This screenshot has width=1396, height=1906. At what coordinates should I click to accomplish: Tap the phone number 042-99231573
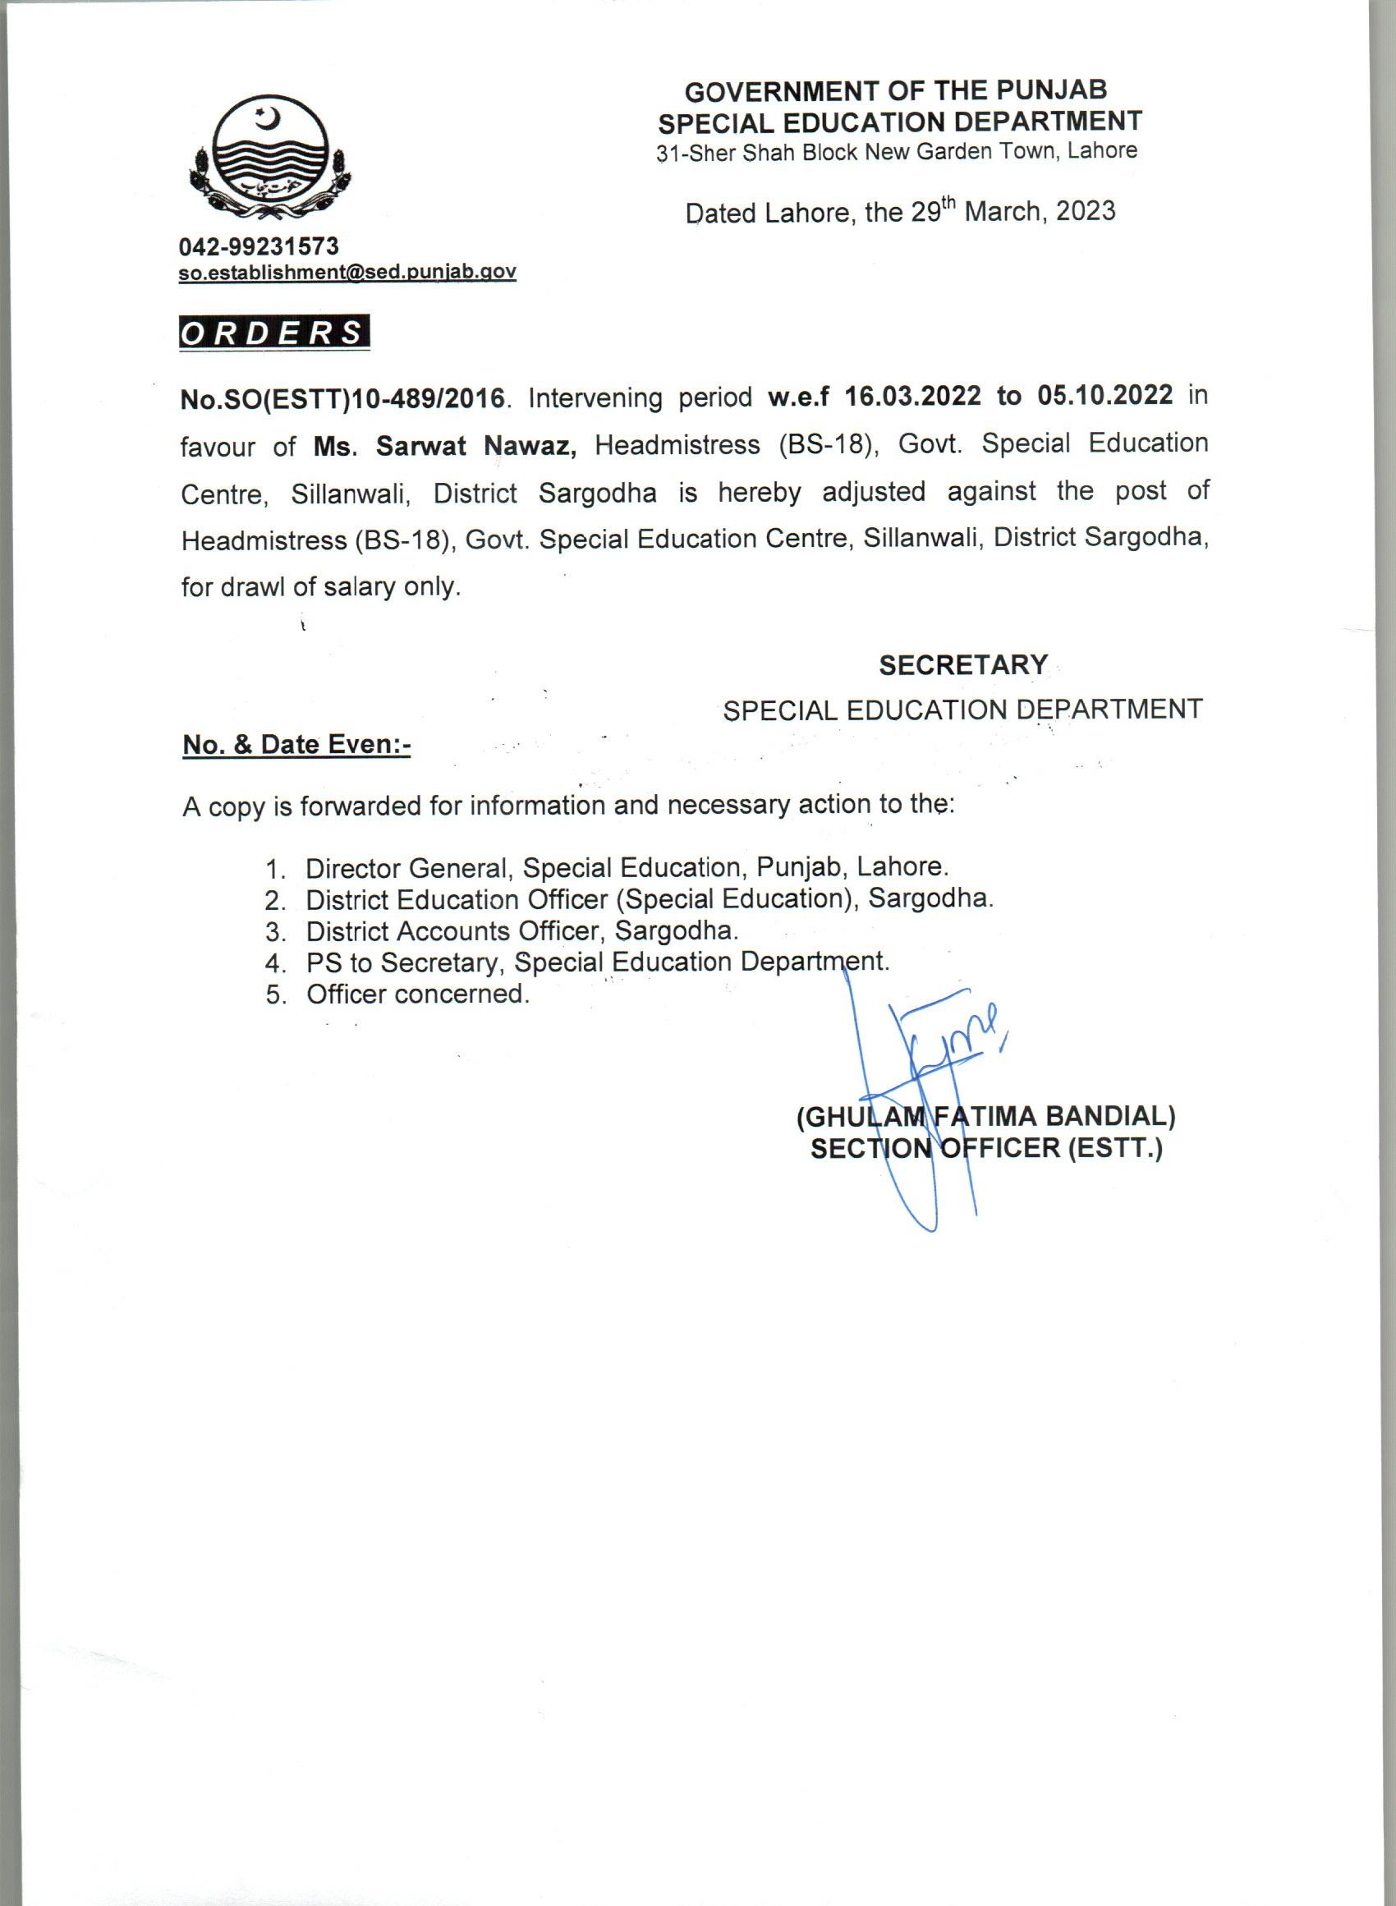(259, 246)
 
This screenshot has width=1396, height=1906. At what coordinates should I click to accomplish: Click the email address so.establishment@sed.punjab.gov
(347, 272)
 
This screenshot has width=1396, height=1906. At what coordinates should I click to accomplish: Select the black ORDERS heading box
(273, 333)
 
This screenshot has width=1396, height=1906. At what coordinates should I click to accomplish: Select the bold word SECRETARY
(963, 666)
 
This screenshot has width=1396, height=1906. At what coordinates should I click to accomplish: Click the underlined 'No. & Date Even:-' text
(296, 744)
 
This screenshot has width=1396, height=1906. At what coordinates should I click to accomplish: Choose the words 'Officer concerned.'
(418, 994)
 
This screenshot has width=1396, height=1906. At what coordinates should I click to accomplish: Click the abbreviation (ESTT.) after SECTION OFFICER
(1115, 1148)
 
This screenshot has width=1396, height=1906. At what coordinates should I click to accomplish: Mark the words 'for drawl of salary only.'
(321, 587)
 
